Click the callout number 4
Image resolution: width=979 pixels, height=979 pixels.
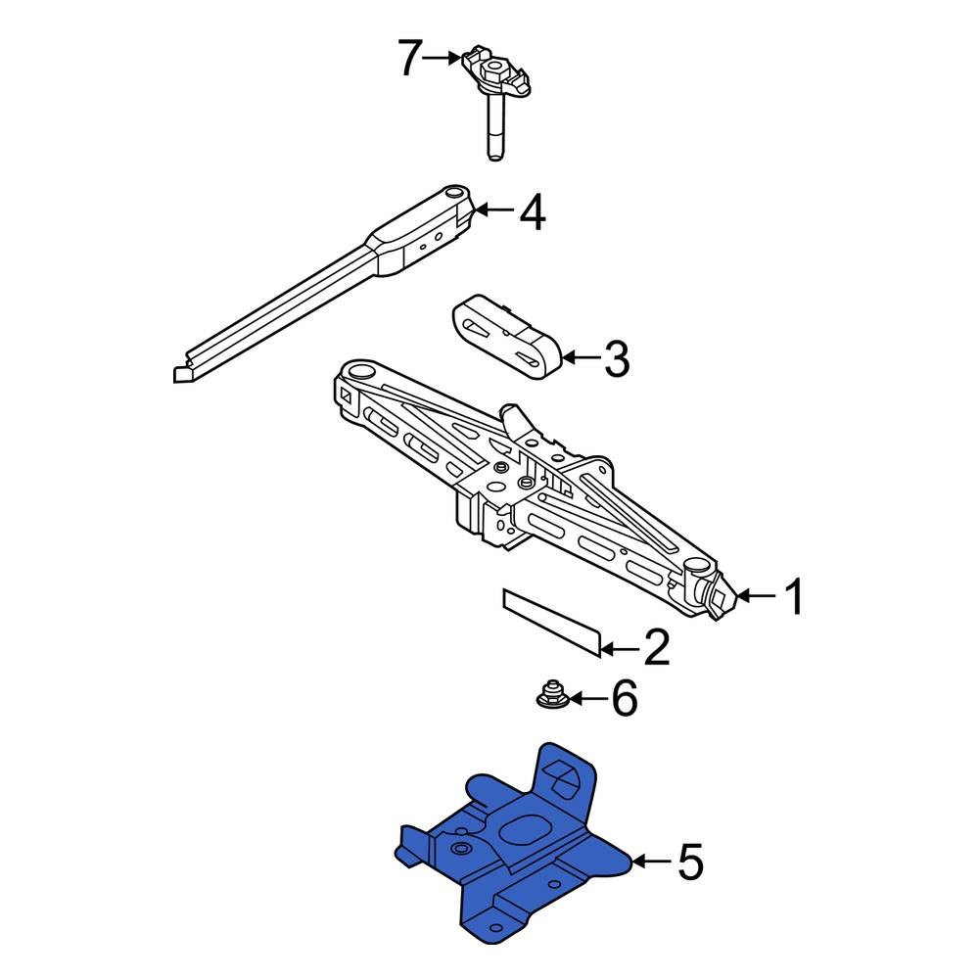click(x=532, y=212)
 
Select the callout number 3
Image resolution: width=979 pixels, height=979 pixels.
click(x=616, y=359)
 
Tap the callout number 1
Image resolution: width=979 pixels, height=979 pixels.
click(x=793, y=596)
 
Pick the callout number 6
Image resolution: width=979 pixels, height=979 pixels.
click(x=624, y=699)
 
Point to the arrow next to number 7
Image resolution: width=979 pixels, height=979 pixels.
click(x=446, y=59)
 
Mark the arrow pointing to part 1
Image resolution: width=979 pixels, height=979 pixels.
click(x=755, y=595)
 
